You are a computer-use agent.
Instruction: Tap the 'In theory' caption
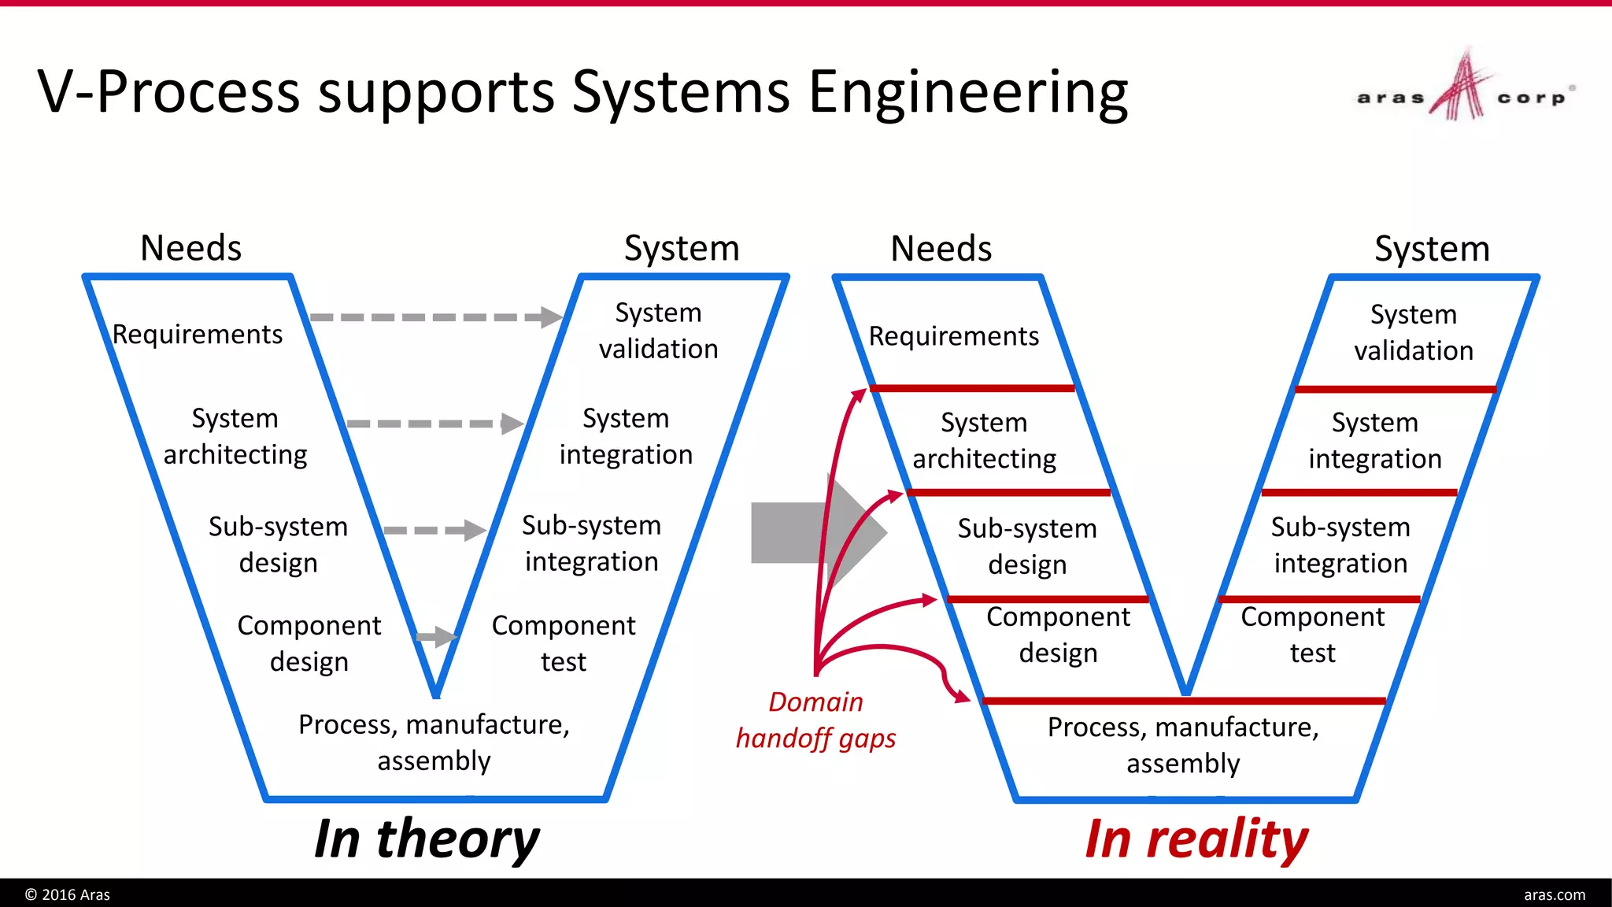(x=427, y=839)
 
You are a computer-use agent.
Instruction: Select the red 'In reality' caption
(x=1196, y=839)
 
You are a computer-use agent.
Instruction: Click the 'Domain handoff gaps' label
(x=815, y=720)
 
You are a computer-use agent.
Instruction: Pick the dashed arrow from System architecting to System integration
(x=434, y=424)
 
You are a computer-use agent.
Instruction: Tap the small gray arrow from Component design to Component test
(x=435, y=636)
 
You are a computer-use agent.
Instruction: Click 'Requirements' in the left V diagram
(x=198, y=335)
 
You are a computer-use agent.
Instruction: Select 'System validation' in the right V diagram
(x=1414, y=332)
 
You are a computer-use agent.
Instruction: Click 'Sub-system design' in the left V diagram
(x=278, y=545)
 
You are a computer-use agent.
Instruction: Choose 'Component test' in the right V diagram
(x=1312, y=635)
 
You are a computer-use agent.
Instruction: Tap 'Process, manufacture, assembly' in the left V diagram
(x=434, y=742)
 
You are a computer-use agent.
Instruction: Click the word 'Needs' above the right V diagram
(x=941, y=249)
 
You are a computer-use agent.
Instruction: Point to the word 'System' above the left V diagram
(x=682, y=249)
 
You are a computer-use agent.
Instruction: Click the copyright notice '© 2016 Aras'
(x=68, y=894)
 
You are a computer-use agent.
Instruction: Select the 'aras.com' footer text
(x=1554, y=894)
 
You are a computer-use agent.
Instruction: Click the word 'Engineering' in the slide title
(x=968, y=93)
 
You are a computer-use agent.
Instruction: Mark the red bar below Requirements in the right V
(x=972, y=388)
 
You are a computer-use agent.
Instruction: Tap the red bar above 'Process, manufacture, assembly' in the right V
(x=1184, y=701)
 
